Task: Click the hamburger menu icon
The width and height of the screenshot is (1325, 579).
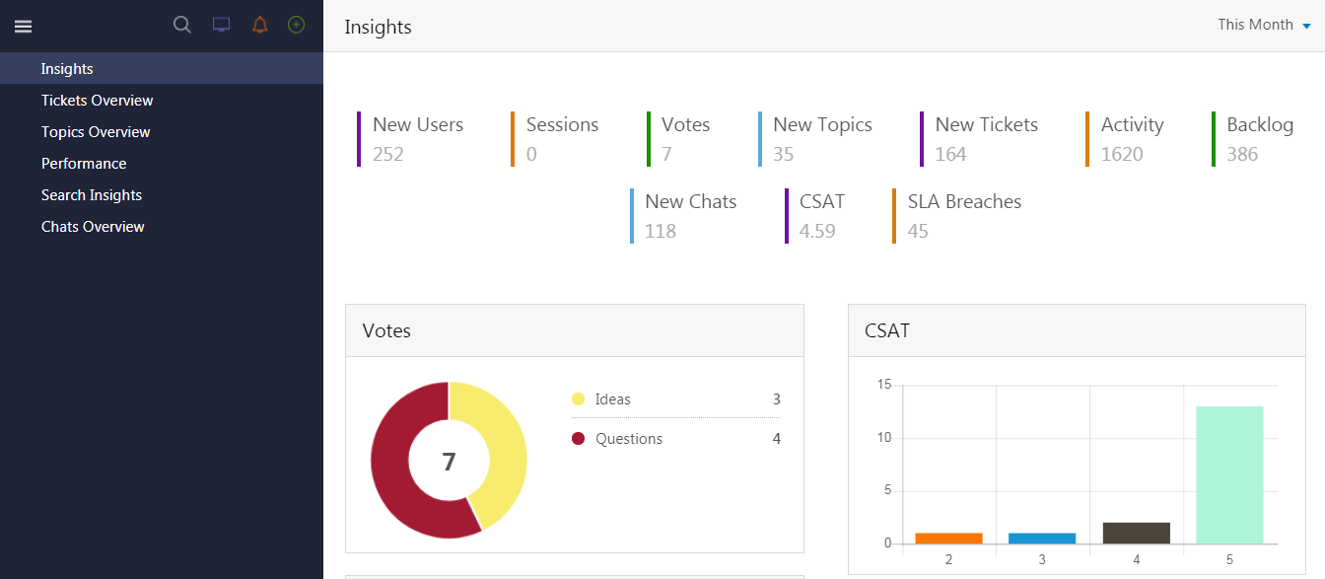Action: [x=23, y=27]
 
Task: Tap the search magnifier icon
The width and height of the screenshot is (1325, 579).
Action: [x=182, y=26]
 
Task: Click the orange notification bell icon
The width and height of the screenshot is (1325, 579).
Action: [x=259, y=26]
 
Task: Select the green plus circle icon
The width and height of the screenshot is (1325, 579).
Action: [x=296, y=25]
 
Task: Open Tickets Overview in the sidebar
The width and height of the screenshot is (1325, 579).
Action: [x=97, y=101]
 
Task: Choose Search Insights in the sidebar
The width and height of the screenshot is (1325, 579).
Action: [x=92, y=195]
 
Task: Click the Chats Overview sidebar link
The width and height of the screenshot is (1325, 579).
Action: [x=93, y=227]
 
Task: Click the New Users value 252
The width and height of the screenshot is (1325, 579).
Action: [x=388, y=154]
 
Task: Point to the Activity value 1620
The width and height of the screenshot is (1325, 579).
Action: [x=1122, y=154]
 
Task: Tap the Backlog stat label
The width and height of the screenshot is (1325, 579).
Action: [x=1260, y=125]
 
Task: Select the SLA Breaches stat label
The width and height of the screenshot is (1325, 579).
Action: [x=964, y=202]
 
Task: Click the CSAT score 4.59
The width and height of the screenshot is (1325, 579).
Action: [x=817, y=231]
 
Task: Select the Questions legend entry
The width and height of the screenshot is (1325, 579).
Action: [x=628, y=439]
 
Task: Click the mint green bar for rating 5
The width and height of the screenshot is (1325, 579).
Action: [x=1229, y=474]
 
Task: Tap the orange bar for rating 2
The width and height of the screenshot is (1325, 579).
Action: [x=948, y=538]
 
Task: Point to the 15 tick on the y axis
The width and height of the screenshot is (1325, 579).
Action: [x=884, y=385]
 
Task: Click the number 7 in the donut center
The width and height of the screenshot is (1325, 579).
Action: [x=449, y=462]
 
